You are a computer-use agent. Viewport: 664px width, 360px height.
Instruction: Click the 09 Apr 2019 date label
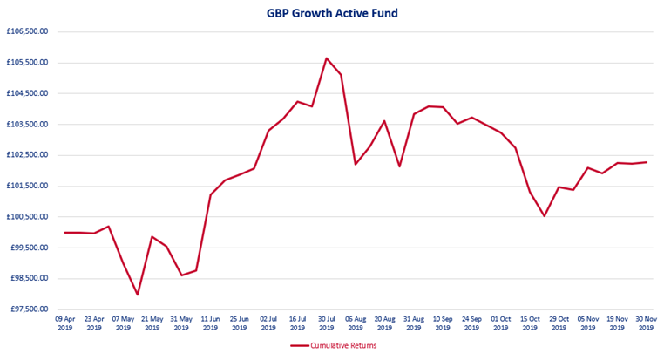65,323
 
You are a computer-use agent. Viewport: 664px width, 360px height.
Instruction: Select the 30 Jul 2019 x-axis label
327,323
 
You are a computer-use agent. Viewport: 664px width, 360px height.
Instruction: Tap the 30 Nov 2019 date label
647,323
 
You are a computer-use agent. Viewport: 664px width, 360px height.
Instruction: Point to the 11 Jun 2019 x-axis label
211,323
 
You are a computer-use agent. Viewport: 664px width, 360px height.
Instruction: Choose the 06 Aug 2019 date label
356,323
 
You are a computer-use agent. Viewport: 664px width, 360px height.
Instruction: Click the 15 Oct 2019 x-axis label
530,323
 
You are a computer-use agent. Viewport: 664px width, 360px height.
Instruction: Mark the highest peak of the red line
326,58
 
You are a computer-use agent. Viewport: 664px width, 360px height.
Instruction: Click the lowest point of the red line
138,295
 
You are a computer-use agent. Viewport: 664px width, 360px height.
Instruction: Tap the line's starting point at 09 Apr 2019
65,233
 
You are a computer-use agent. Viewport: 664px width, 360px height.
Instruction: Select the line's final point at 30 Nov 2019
647,162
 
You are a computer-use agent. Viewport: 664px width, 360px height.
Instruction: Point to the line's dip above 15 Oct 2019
545,216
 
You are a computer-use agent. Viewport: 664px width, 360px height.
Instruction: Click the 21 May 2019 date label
152,323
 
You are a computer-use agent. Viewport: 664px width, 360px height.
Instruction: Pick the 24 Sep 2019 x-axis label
471,323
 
